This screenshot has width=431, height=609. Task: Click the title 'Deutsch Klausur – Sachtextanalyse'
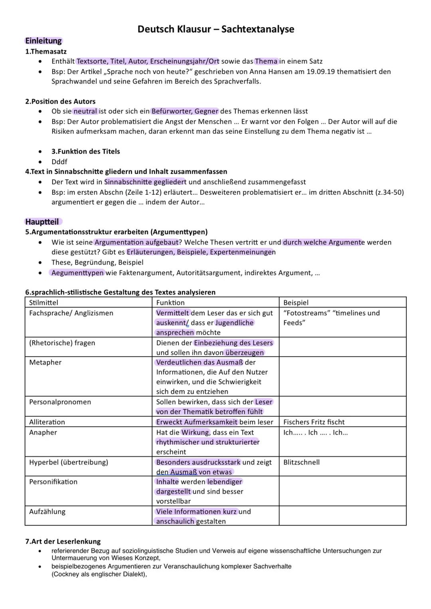click(x=215, y=29)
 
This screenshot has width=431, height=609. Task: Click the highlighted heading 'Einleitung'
click(x=43, y=41)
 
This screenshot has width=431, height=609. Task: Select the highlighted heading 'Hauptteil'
click(x=42, y=222)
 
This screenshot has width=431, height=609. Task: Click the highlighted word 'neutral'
click(x=85, y=111)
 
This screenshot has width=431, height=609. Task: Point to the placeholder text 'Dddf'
click(x=59, y=162)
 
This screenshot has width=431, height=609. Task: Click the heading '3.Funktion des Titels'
click(x=85, y=152)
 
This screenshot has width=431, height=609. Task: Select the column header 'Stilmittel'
click(x=43, y=303)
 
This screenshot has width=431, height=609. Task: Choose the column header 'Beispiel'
click(x=296, y=303)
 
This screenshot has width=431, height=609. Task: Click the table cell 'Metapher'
click(x=45, y=362)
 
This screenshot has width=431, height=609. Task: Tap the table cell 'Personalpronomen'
click(x=60, y=402)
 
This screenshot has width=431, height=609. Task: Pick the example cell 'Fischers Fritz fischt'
click(x=314, y=422)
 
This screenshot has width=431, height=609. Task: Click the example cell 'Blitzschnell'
click(x=301, y=463)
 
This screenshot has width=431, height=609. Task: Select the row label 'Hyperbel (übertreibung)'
click(x=68, y=463)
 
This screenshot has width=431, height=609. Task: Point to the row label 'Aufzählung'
click(x=47, y=512)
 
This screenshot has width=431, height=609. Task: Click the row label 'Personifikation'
click(x=53, y=482)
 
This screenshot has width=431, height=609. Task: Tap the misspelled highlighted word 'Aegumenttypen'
click(x=77, y=273)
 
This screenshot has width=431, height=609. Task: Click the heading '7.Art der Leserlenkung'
click(x=63, y=542)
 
